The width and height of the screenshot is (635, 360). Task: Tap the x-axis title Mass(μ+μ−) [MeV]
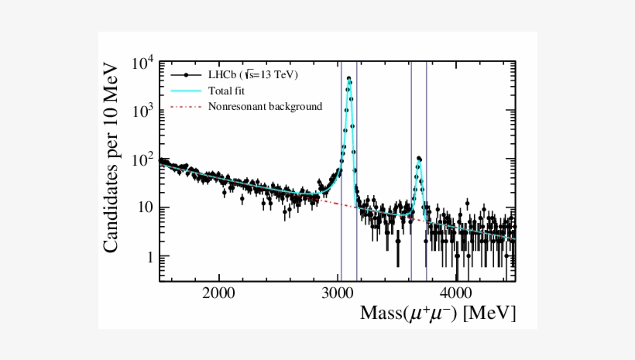pos(438,314)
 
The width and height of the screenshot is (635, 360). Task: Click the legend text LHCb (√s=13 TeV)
pos(252,75)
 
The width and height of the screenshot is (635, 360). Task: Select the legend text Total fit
pos(227,91)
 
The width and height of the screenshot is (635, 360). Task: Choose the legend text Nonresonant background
pos(265,106)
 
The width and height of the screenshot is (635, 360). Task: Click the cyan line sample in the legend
pos(186,91)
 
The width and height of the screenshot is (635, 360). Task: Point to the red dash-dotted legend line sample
pos(186,106)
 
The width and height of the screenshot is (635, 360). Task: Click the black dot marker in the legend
pos(186,75)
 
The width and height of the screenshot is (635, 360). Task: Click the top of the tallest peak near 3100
pos(348,78)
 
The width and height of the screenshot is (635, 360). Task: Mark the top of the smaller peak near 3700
pos(419,158)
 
